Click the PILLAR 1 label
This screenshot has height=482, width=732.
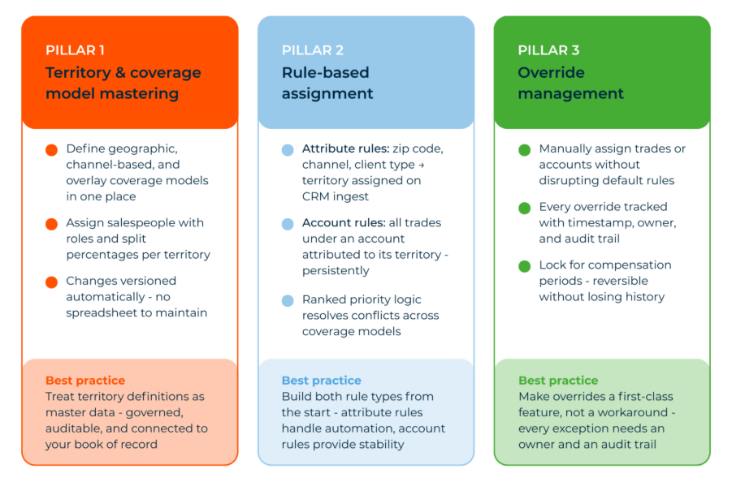(74, 50)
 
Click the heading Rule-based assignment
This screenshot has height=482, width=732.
(327, 83)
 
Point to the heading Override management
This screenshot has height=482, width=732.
(570, 83)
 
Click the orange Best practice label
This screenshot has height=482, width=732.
(85, 381)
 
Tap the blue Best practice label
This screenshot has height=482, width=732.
(321, 381)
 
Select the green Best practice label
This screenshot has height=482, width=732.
(558, 381)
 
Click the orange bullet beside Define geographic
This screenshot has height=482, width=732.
(52, 150)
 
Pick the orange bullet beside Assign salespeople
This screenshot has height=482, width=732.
(52, 224)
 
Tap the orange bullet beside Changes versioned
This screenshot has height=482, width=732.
(52, 282)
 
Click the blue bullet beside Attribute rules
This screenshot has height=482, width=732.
(288, 150)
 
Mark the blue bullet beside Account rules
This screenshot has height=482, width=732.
(288, 224)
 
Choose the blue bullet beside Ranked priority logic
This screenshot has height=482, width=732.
(288, 301)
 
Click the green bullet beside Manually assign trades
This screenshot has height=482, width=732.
(525, 150)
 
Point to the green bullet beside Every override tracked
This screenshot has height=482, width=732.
(525, 209)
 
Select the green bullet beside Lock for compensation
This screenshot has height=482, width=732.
(525, 266)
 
